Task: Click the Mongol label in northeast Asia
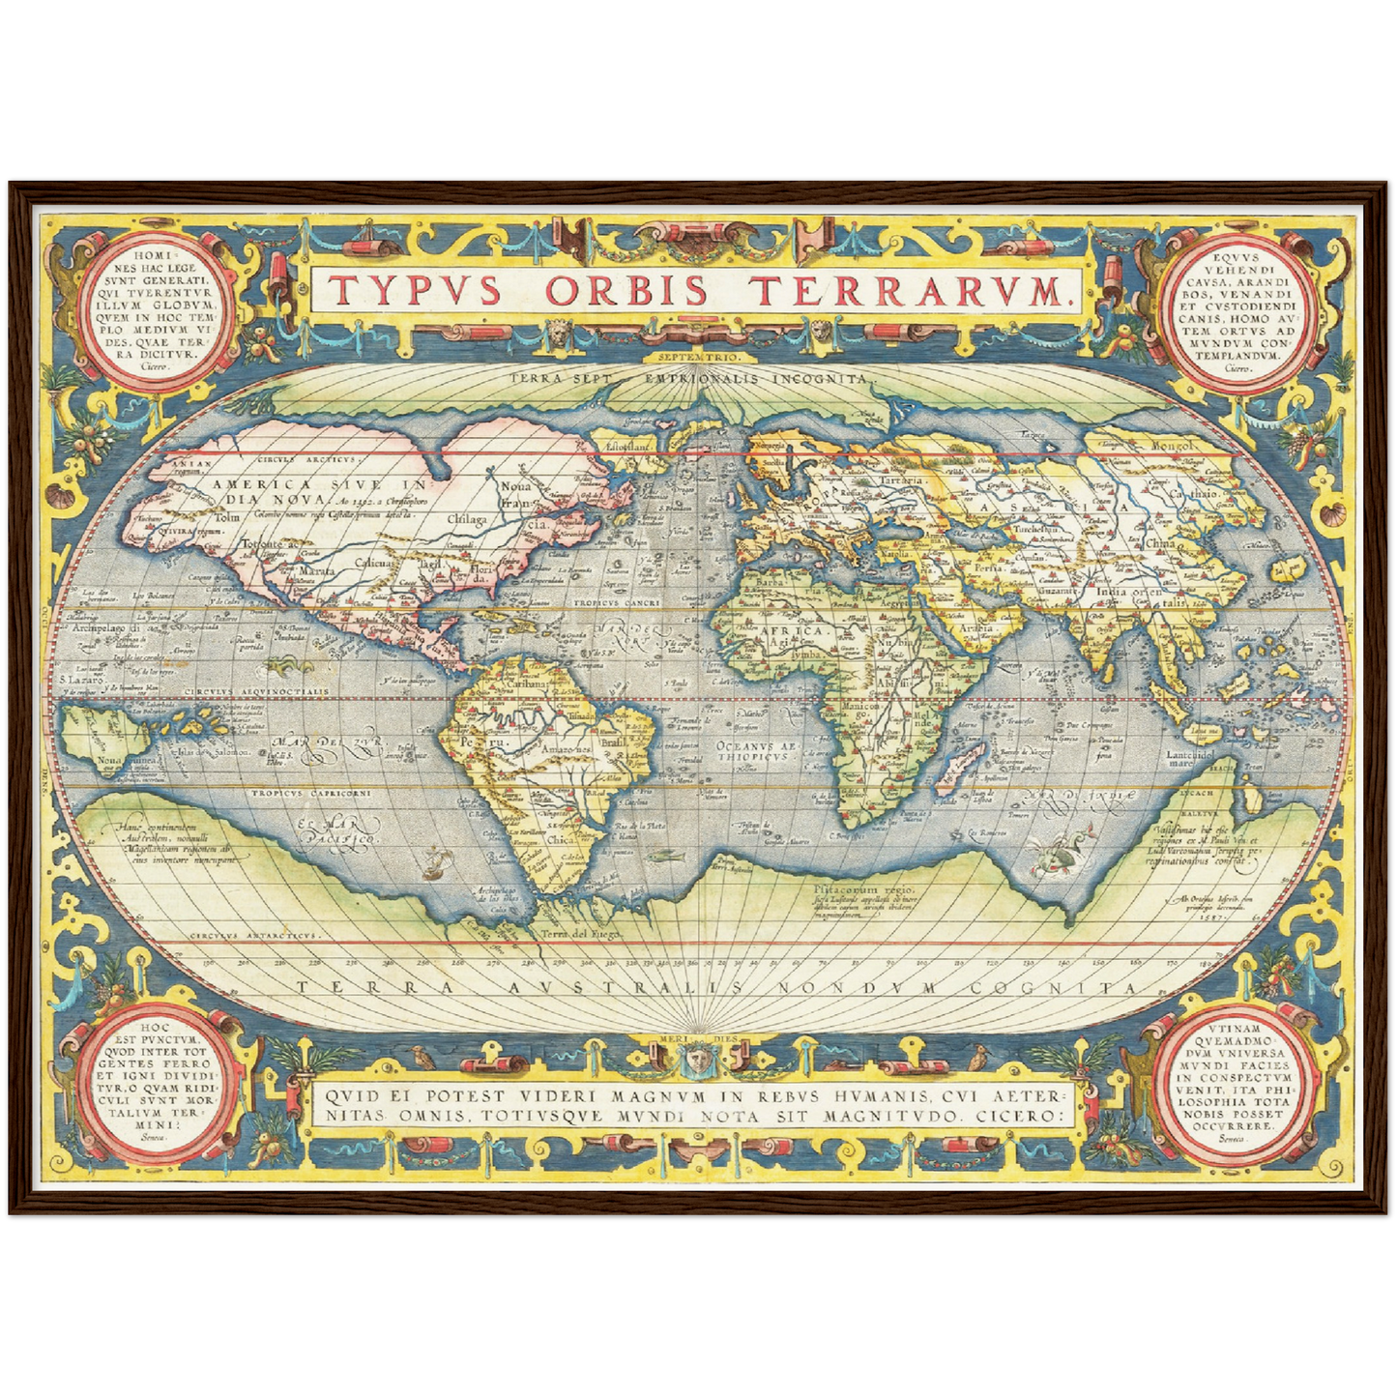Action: pos(1172,446)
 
